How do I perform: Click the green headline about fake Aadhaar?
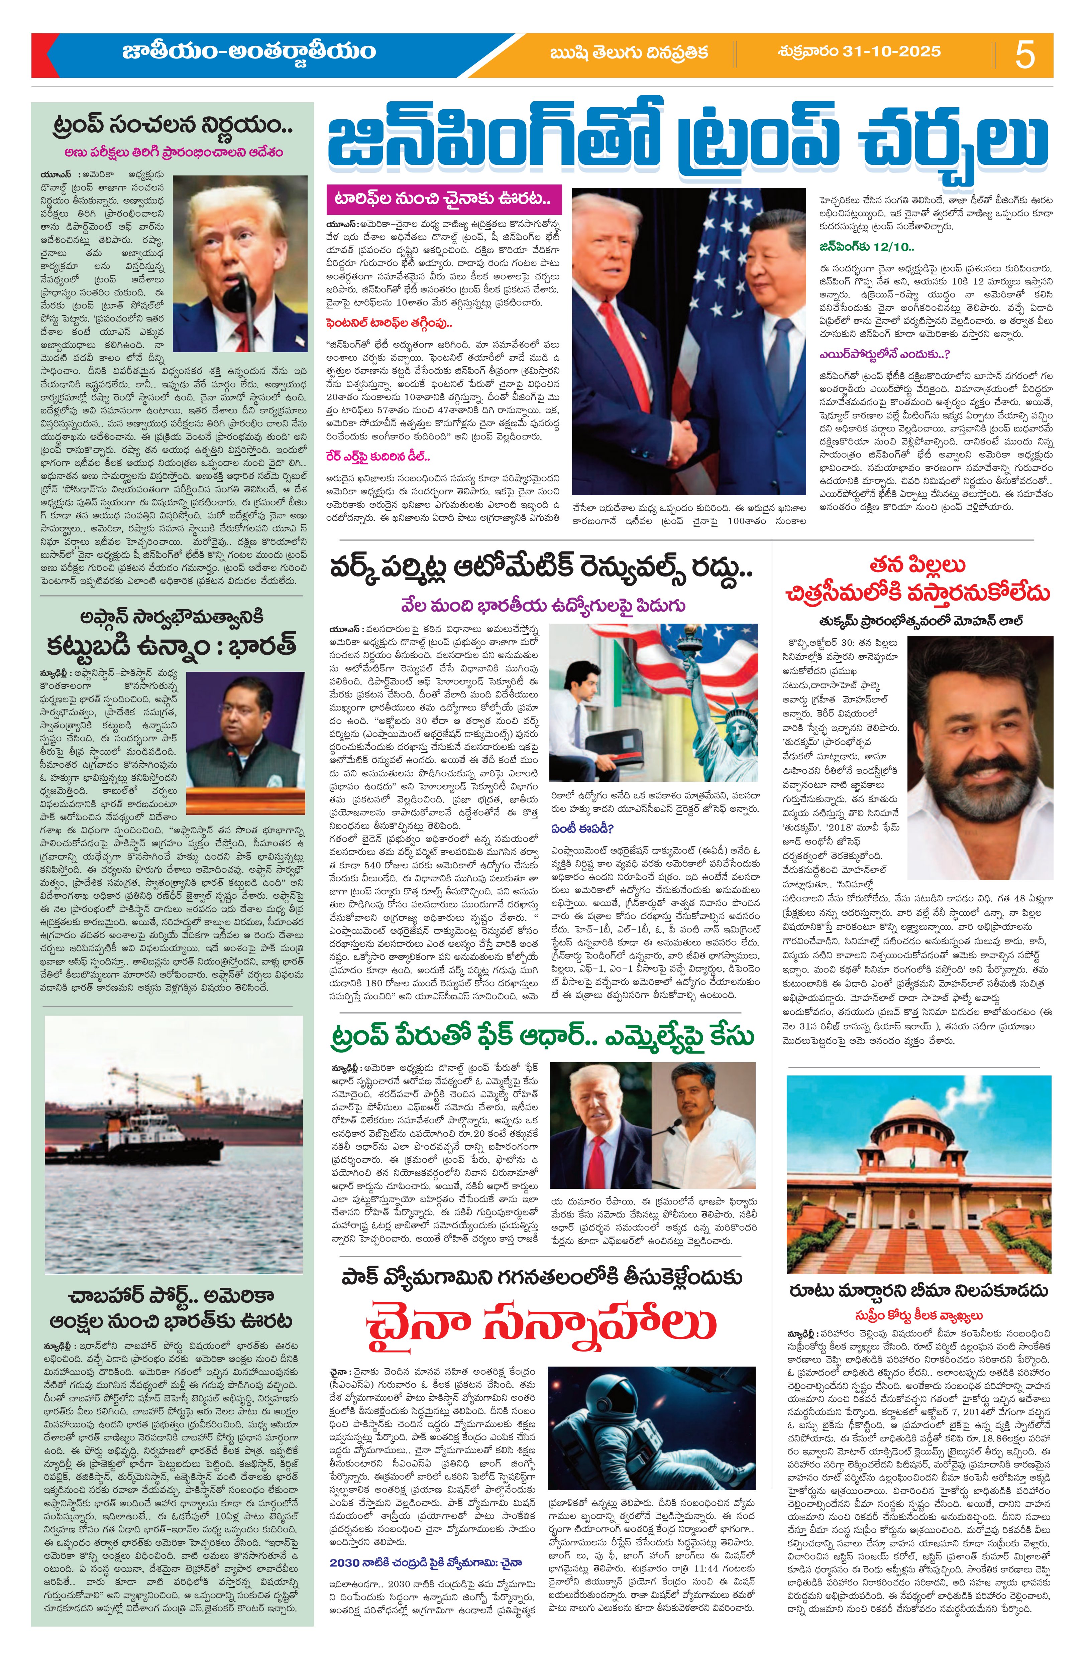coord(541,1036)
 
